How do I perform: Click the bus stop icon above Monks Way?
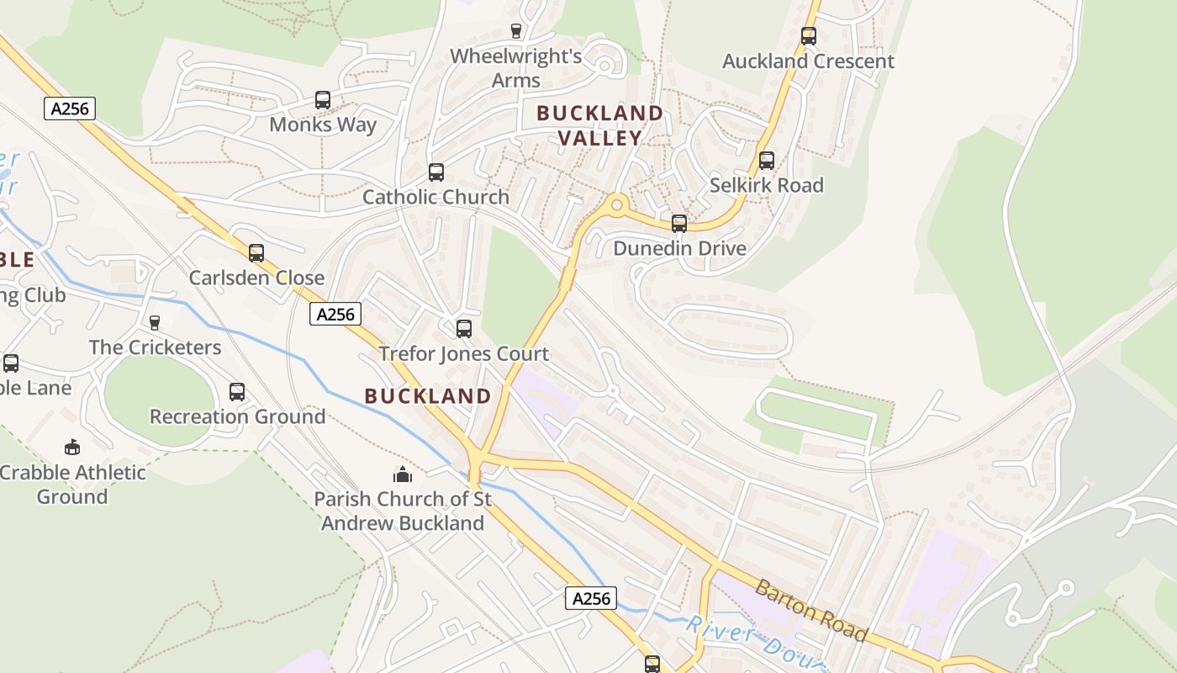(x=323, y=100)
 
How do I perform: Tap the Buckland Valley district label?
(x=600, y=125)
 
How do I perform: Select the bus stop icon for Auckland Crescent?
(x=809, y=36)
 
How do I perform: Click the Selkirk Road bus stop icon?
(x=766, y=161)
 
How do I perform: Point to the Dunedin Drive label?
(x=679, y=248)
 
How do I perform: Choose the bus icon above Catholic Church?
(x=436, y=172)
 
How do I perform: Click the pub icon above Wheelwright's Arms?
(x=516, y=31)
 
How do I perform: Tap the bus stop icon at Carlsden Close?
(x=256, y=253)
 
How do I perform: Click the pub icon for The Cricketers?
(x=154, y=322)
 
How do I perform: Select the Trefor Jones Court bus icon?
(x=464, y=329)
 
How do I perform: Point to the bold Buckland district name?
(x=429, y=395)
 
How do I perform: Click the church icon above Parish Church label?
(x=403, y=475)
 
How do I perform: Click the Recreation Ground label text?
(x=237, y=416)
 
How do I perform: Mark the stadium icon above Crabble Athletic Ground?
(x=72, y=447)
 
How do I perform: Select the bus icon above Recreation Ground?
(x=237, y=392)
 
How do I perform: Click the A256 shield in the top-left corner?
(x=70, y=109)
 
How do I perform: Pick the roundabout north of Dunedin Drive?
(x=618, y=204)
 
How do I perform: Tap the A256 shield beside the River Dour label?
(x=591, y=598)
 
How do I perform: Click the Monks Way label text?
(x=323, y=125)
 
